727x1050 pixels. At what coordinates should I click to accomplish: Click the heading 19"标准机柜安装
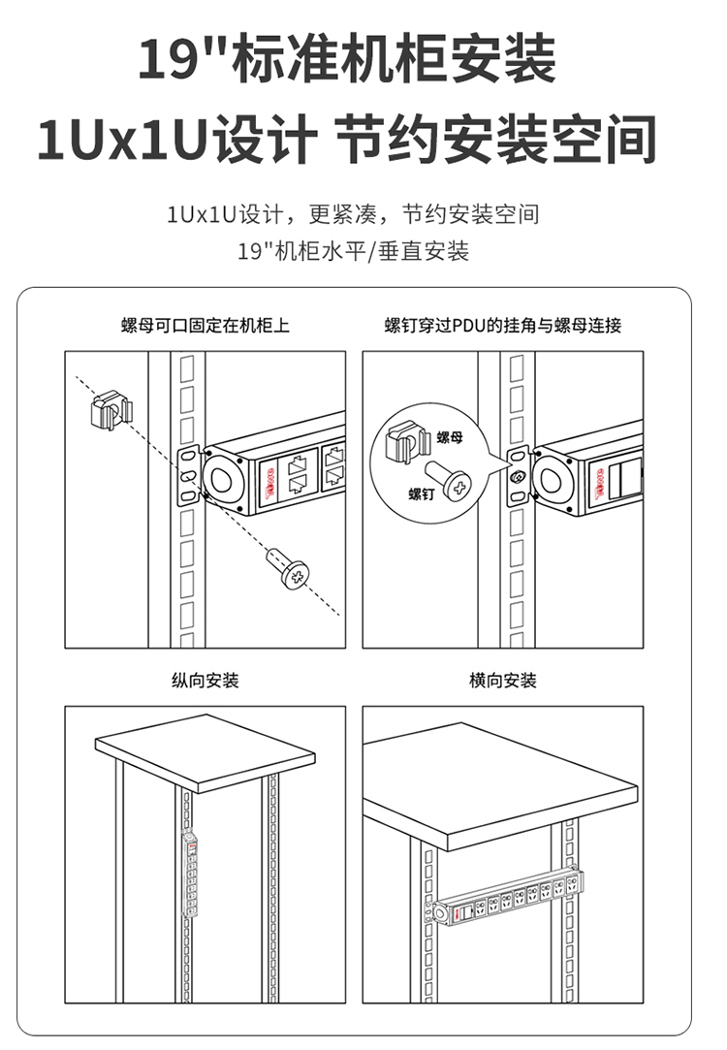tap(347, 59)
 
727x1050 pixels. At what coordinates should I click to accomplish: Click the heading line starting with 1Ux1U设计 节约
tap(347, 140)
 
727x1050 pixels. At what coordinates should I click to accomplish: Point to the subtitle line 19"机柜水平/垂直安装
tap(353, 251)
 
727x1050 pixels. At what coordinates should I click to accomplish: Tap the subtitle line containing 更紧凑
tap(353, 213)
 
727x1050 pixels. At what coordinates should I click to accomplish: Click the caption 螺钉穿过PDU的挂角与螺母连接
tap(502, 326)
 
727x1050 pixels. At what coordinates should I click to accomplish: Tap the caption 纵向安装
tap(205, 681)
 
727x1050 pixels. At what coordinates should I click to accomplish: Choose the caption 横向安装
tap(502, 681)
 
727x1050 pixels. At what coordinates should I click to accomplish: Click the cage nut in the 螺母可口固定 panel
tap(110, 411)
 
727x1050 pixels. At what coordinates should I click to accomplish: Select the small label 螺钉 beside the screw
tap(421, 494)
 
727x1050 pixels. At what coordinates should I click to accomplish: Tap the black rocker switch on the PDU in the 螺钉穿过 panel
tap(622, 481)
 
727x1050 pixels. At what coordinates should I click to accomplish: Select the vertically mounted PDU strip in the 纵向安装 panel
tap(191, 875)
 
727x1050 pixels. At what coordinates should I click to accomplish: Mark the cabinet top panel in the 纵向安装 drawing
tap(205, 750)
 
